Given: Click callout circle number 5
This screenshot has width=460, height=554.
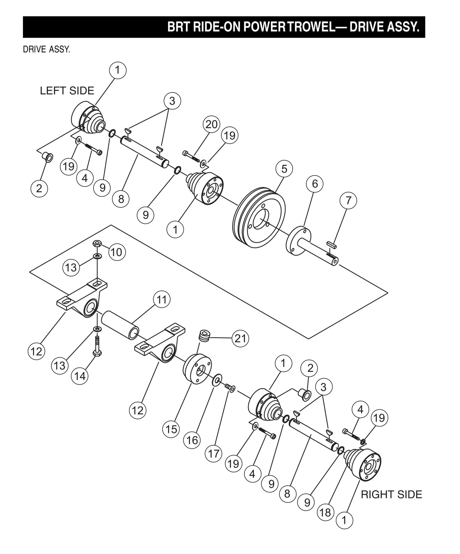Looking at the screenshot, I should (284, 169).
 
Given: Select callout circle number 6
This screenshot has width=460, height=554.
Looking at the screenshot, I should (315, 184).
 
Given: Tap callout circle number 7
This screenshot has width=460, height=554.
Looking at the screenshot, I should (348, 201).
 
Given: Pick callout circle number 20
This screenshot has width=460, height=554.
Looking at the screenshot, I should (211, 124).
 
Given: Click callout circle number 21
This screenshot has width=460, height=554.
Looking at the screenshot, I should (240, 338).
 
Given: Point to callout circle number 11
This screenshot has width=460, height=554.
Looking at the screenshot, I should (162, 300).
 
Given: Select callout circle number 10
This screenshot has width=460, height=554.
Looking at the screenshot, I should (117, 252).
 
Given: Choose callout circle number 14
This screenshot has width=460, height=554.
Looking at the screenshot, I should (80, 376).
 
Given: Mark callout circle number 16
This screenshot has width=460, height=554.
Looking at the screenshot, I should (192, 440).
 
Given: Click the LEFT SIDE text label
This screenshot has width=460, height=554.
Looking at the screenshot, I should (67, 91).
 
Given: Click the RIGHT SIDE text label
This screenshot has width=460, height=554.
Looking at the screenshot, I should (391, 494).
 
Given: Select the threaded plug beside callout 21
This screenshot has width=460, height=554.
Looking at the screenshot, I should (203, 336).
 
